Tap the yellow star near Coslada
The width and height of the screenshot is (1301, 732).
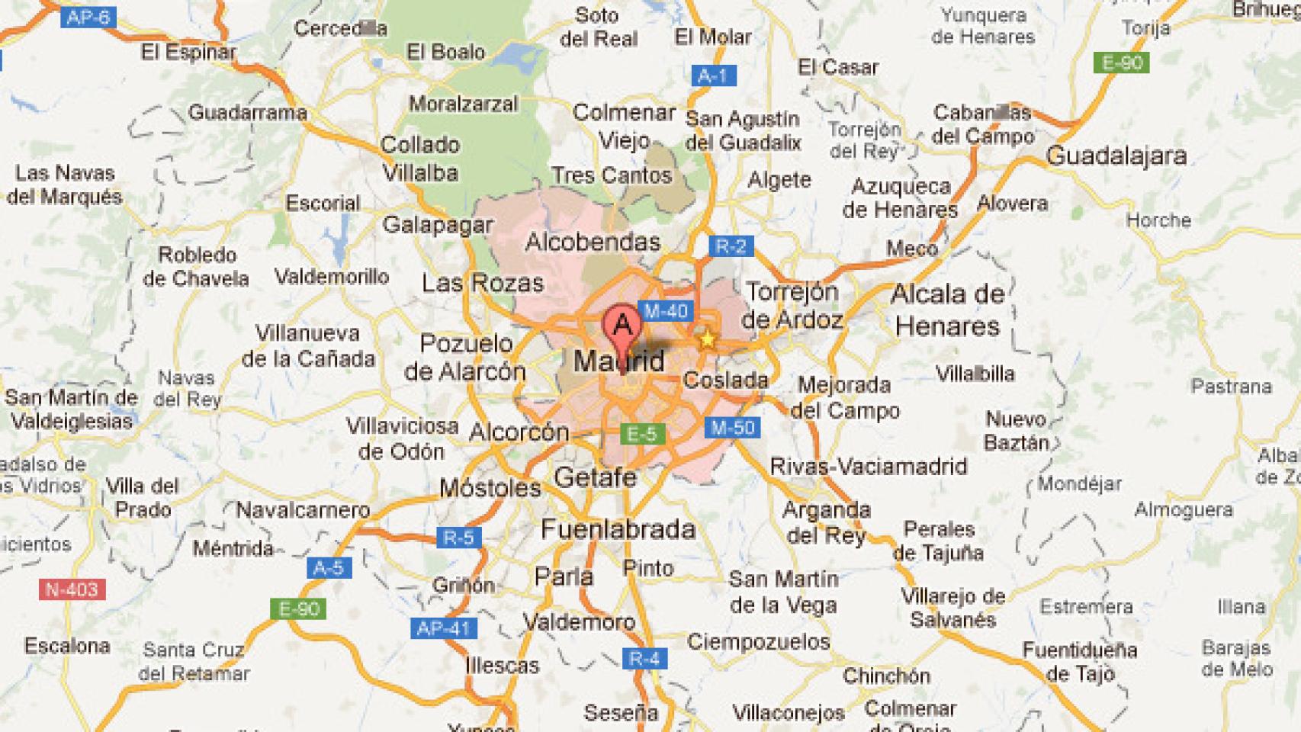pos(707,339)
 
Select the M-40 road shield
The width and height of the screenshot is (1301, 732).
pos(666,311)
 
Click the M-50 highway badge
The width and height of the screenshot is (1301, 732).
pos(732,428)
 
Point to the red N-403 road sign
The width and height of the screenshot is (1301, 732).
pos(72,589)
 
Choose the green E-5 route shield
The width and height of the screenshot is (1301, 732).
pos(641,435)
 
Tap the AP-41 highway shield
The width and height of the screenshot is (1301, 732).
pos(444,629)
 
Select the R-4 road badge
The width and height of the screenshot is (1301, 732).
pos(645,658)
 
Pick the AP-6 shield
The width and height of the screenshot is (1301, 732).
pos(88,17)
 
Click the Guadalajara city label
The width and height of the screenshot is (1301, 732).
pos(1116,156)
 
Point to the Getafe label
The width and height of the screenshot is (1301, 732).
pos(595,478)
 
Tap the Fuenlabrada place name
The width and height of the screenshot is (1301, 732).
pos(618,529)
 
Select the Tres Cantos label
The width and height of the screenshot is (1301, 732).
pos(612,175)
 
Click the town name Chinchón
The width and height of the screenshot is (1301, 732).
pos(886,676)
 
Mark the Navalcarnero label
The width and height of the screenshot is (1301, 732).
pos(303,509)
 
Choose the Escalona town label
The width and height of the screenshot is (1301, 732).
pos(67,647)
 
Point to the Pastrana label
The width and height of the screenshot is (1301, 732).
pos(1231,387)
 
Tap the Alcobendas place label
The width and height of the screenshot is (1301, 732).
pos(593,242)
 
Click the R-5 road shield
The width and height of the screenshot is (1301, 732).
pos(458,538)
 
